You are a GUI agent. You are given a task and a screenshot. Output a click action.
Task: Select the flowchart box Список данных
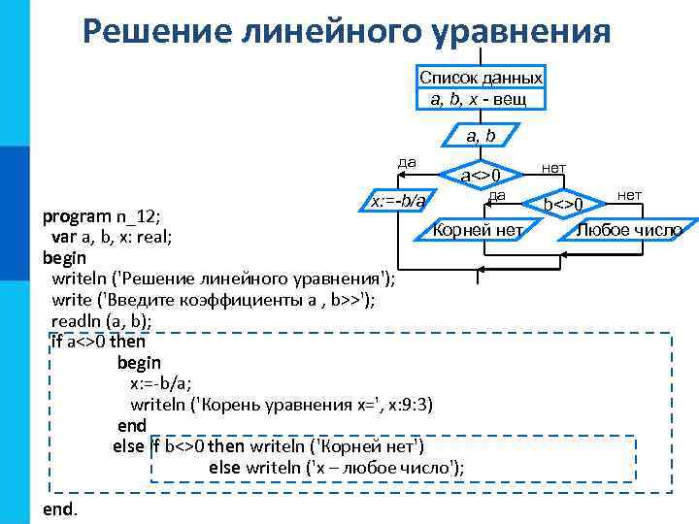(481, 88)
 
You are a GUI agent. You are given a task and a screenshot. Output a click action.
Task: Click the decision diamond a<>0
(480, 176)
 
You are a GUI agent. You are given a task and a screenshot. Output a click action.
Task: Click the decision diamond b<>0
(563, 205)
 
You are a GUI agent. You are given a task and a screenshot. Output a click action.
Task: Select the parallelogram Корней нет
(478, 230)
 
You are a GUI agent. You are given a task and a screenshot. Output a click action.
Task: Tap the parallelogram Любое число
(628, 230)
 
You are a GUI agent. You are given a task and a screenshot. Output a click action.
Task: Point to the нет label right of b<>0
(629, 195)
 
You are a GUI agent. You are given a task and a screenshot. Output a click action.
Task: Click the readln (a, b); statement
(102, 320)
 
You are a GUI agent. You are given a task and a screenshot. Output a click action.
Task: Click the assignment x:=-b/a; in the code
(161, 383)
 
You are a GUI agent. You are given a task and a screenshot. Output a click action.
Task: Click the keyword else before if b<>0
(128, 447)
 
